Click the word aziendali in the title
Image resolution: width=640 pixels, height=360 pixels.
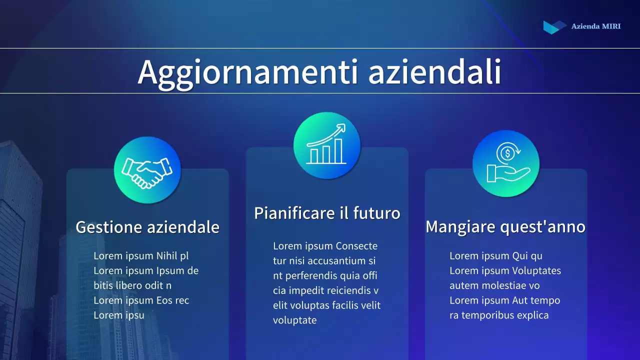point(434,72)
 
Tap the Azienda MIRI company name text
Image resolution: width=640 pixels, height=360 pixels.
point(595,26)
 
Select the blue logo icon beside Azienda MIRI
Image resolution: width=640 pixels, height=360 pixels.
point(554,26)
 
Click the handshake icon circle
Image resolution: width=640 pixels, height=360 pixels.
point(147,170)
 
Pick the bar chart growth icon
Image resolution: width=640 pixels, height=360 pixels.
point(326,145)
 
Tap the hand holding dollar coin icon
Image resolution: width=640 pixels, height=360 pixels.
point(506,164)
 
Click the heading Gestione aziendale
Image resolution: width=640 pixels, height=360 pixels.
point(147,227)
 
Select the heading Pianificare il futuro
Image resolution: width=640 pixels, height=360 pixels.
point(327,213)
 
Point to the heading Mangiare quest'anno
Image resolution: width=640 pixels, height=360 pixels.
point(505,227)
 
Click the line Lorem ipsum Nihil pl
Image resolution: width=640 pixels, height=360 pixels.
point(141,256)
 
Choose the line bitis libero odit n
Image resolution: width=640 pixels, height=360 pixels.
point(132,285)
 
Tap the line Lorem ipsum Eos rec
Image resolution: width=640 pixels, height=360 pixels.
point(141,300)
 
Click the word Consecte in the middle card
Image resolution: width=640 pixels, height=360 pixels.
point(356,246)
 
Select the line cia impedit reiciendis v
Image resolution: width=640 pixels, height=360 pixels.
point(325,290)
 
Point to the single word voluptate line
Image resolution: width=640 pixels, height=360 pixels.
point(294,320)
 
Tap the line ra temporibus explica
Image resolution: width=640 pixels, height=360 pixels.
point(498,315)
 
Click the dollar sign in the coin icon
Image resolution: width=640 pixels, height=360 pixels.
point(507,153)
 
